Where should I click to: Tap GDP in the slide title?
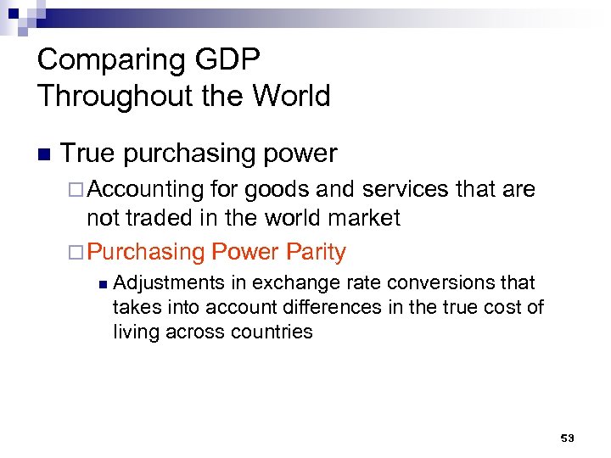pos(235,60)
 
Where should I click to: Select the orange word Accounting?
pos(145,190)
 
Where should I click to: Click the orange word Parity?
pos(316,252)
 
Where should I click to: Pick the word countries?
pos(272,332)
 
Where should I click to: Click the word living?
pos(135,332)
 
